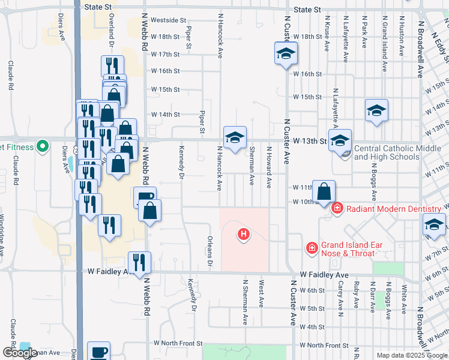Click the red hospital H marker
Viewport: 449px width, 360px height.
click(x=244, y=234)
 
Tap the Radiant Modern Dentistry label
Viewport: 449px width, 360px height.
click(x=393, y=208)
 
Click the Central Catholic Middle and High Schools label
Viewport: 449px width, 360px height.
click(x=387, y=152)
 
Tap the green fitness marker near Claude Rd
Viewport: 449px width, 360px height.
click(x=42, y=146)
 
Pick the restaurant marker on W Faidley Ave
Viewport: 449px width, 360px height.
click(x=139, y=262)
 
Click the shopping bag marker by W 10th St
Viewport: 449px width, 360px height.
click(x=324, y=192)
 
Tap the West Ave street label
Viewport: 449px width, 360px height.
click(x=261, y=291)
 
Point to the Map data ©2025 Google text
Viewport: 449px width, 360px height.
click(x=411, y=355)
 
